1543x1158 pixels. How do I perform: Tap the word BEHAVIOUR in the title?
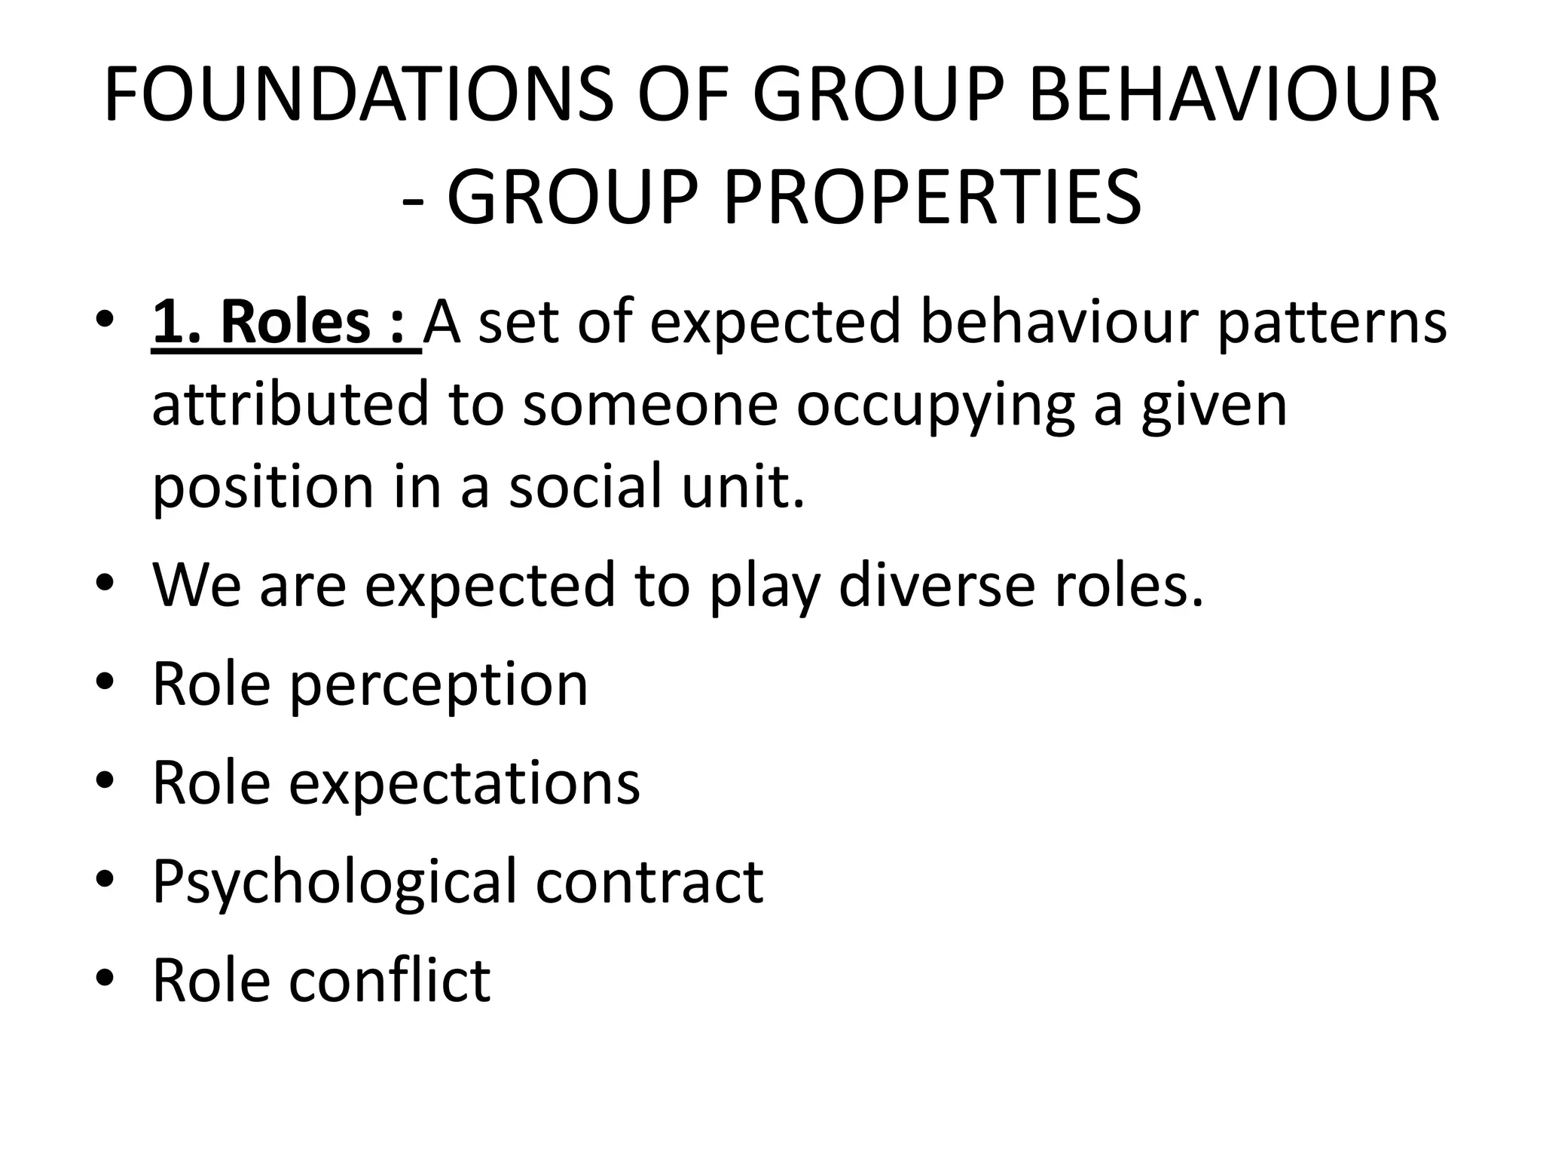point(1233,96)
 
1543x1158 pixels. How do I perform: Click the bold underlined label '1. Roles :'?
point(286,322)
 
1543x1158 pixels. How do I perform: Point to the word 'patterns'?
point(1331,323)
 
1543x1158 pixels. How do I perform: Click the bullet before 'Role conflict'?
point(105,979)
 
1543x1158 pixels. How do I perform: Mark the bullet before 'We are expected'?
point(105,585)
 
